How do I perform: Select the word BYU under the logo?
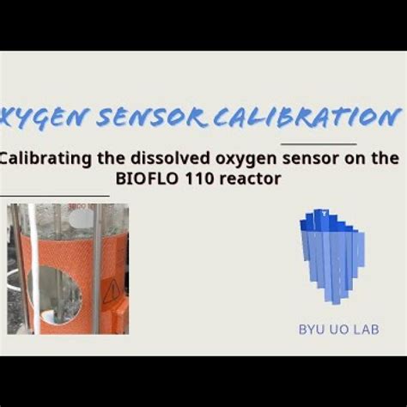click(313, 329)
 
